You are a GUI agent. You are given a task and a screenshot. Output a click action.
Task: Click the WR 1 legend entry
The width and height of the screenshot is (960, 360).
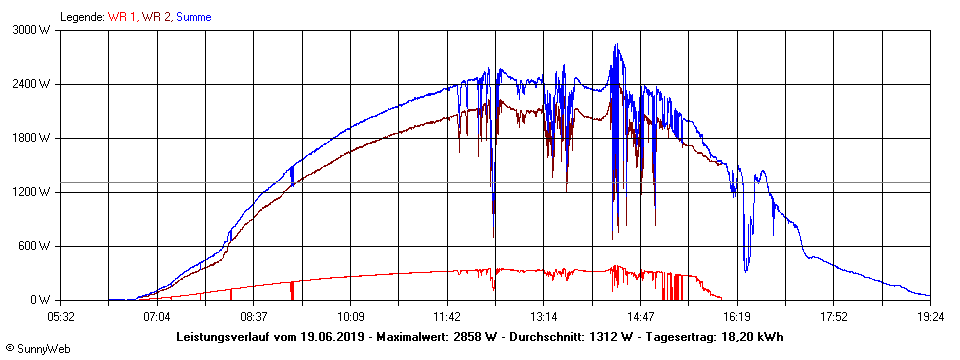124,17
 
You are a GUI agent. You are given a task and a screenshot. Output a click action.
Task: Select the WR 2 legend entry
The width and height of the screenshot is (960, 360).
156,17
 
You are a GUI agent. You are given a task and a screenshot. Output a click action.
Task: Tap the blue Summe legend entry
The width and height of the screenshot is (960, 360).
194,17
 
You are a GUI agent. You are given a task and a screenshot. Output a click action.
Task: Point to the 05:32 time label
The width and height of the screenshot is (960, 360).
61,317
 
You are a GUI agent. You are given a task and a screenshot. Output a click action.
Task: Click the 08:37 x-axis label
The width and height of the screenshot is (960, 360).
254,317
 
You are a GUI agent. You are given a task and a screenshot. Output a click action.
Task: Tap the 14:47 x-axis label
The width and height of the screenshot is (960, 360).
640,317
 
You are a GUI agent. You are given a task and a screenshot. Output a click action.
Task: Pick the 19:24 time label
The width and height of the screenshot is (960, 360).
930,317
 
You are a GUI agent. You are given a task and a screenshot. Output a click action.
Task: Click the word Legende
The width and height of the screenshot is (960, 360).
81,17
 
